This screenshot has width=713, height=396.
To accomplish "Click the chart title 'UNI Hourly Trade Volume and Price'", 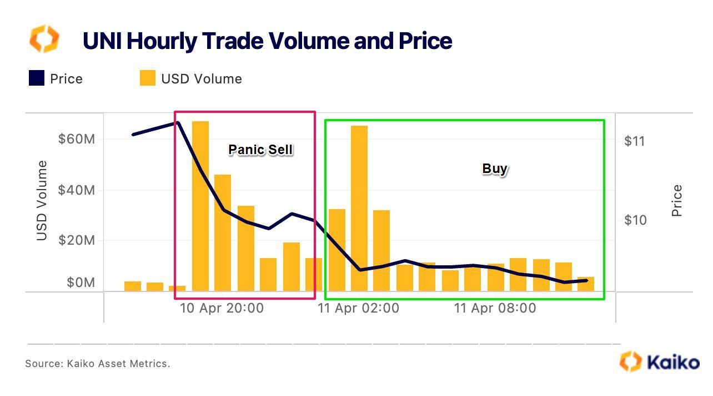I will (x=267, y=42).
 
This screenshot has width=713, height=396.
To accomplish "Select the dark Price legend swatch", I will (x=37, y=78).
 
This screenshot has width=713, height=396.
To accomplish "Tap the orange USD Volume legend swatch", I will (x=148, y=78).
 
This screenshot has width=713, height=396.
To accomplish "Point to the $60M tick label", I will (x=77, y=139).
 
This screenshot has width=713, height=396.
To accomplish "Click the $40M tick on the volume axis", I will (x=77, y=191).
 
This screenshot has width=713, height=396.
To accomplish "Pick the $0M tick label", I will (x=81, y=283).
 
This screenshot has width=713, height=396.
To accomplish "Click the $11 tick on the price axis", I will (x=635, y=141).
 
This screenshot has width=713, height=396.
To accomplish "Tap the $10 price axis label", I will (x=635, y=220).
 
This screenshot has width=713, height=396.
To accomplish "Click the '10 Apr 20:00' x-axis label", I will (x=222, y=308).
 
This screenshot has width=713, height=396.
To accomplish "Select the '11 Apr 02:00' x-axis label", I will (x=358, y=308).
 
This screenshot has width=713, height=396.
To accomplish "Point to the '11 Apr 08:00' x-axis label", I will (x=495, y=308).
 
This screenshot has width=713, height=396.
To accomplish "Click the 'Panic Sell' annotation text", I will (x=260, y=150).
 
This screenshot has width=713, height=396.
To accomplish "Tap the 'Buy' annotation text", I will (x=494, y=169).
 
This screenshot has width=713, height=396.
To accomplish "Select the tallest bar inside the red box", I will (x=200, y=206).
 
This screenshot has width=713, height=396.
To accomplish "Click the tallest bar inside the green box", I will (x=359, y=208).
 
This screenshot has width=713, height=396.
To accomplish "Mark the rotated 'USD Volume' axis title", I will (x=42, y=201).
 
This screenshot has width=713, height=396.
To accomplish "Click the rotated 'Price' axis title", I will (x=676, y=201).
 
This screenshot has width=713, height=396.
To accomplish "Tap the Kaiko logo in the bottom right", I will (x=659, y=362).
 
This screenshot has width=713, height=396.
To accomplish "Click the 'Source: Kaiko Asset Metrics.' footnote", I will (x=98, y=364).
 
